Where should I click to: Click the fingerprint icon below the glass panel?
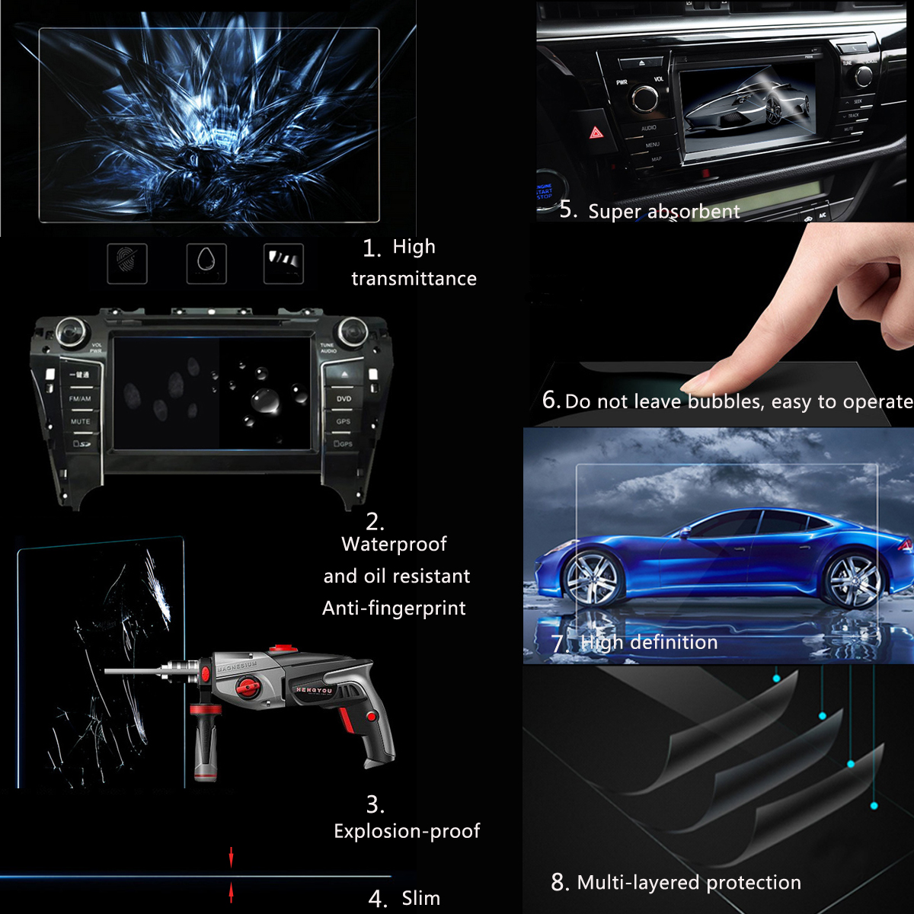126,264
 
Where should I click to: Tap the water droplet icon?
206,264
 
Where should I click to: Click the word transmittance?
414,279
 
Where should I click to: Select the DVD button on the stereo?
344,398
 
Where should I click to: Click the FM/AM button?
80,398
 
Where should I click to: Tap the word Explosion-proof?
407,831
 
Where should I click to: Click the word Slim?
421,899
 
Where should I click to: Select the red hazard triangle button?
596,133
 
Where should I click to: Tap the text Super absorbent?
663,212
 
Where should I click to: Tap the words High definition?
648,643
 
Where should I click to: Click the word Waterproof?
394,545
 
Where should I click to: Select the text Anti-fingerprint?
394,609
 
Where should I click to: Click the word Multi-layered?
638,883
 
